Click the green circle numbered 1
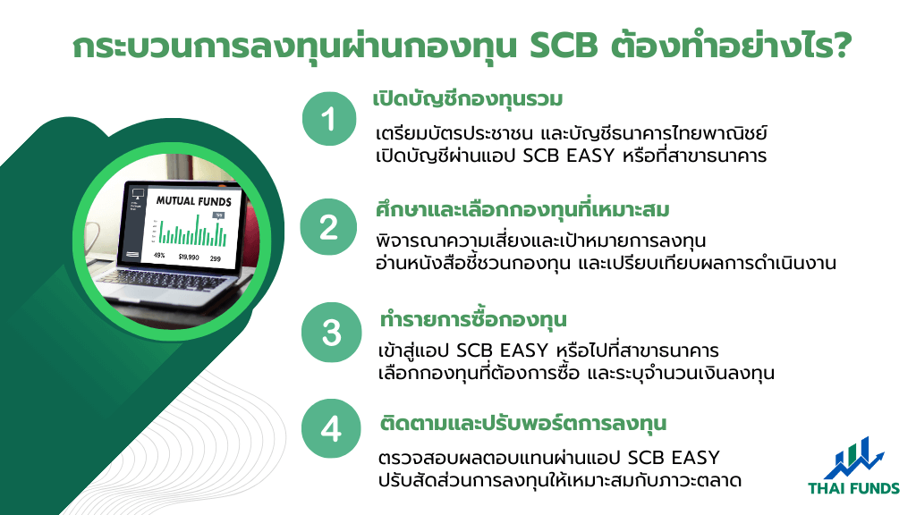tap(329, 119)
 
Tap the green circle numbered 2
tap(328, 226)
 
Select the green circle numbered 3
tap(331, 333)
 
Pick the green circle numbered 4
tap(331, 428)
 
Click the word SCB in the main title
tap(564, 46)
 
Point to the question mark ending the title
tap(842, 46)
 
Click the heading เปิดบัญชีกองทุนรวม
tap(467, 98)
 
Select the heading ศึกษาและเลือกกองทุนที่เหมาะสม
tap(522, 209)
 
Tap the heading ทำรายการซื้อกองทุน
tap(473, 319)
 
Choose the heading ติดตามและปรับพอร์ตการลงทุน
tap(522, 422)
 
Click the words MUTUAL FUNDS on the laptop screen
tap(194, 201)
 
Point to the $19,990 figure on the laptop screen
tap(189, 257)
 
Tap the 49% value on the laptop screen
tap(159, 255)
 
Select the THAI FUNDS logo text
tap(853, 488)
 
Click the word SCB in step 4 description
tap(646, 457)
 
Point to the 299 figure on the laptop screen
tap(216, 258)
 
